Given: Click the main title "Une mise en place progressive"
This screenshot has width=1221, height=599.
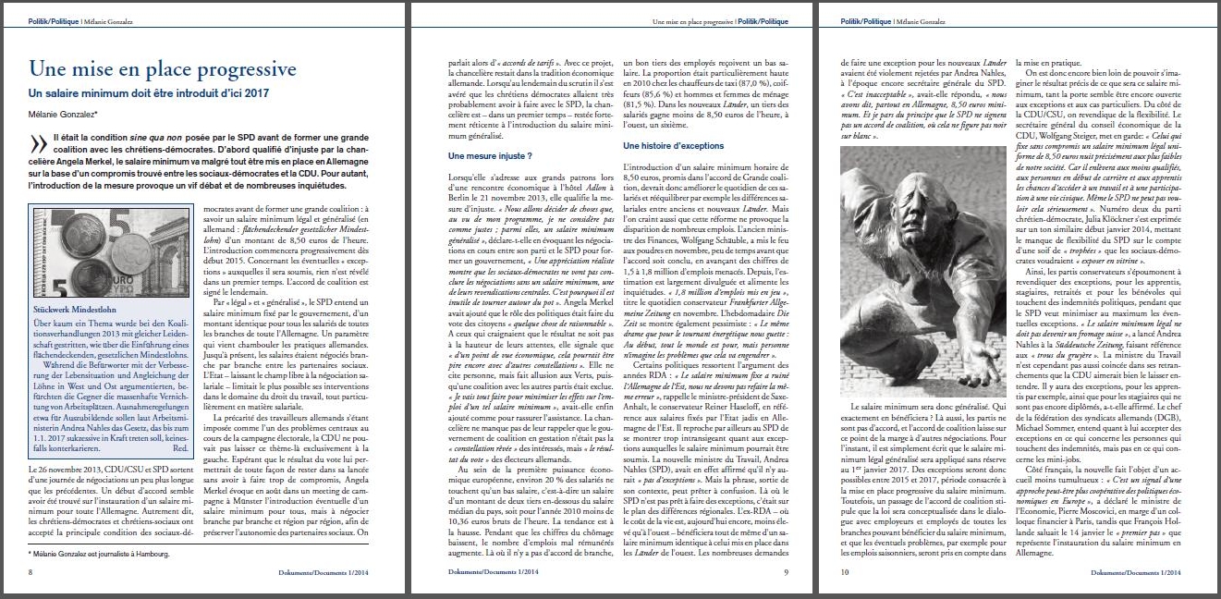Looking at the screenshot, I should (x=162, y=69).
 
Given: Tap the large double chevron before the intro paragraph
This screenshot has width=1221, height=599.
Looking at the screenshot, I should (x=38, y=145).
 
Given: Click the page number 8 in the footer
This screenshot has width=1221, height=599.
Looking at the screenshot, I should (x=31, y=573).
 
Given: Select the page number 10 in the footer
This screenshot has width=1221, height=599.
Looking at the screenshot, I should (x=845, y=573).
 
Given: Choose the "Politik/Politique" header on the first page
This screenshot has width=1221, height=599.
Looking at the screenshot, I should (x=53, y=20).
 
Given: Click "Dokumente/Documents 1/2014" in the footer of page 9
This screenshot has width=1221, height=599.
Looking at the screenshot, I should (x=481, y=573).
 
